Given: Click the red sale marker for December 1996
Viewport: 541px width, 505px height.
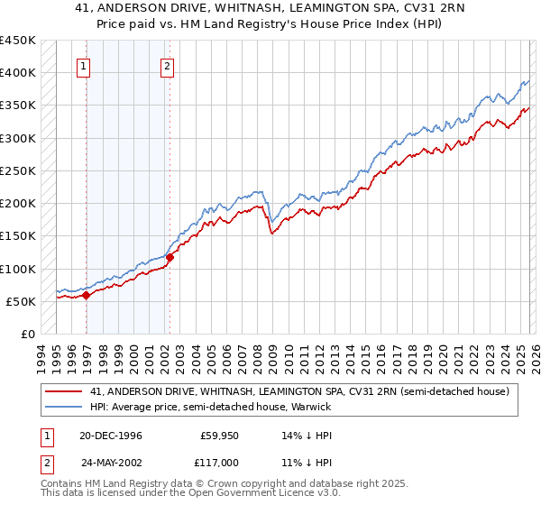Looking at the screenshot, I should click(x=87, y=295).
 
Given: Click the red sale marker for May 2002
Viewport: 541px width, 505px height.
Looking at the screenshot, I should click(x=170, y=257).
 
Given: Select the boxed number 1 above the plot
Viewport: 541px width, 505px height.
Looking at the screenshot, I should click(x=83, y=65).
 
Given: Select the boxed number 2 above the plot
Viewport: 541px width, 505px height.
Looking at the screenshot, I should click(x=168, y=65).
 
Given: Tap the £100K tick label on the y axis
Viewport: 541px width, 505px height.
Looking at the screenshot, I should click(x=19, y=269).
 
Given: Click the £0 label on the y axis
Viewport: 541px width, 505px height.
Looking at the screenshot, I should click(x=27, y=334).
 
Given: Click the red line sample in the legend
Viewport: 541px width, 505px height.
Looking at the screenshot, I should click(x=63, y=391).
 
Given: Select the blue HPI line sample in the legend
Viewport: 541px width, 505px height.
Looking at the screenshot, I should click(x=63, y=407).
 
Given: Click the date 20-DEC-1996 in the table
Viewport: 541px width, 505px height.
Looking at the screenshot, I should click(x=111, y=436).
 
